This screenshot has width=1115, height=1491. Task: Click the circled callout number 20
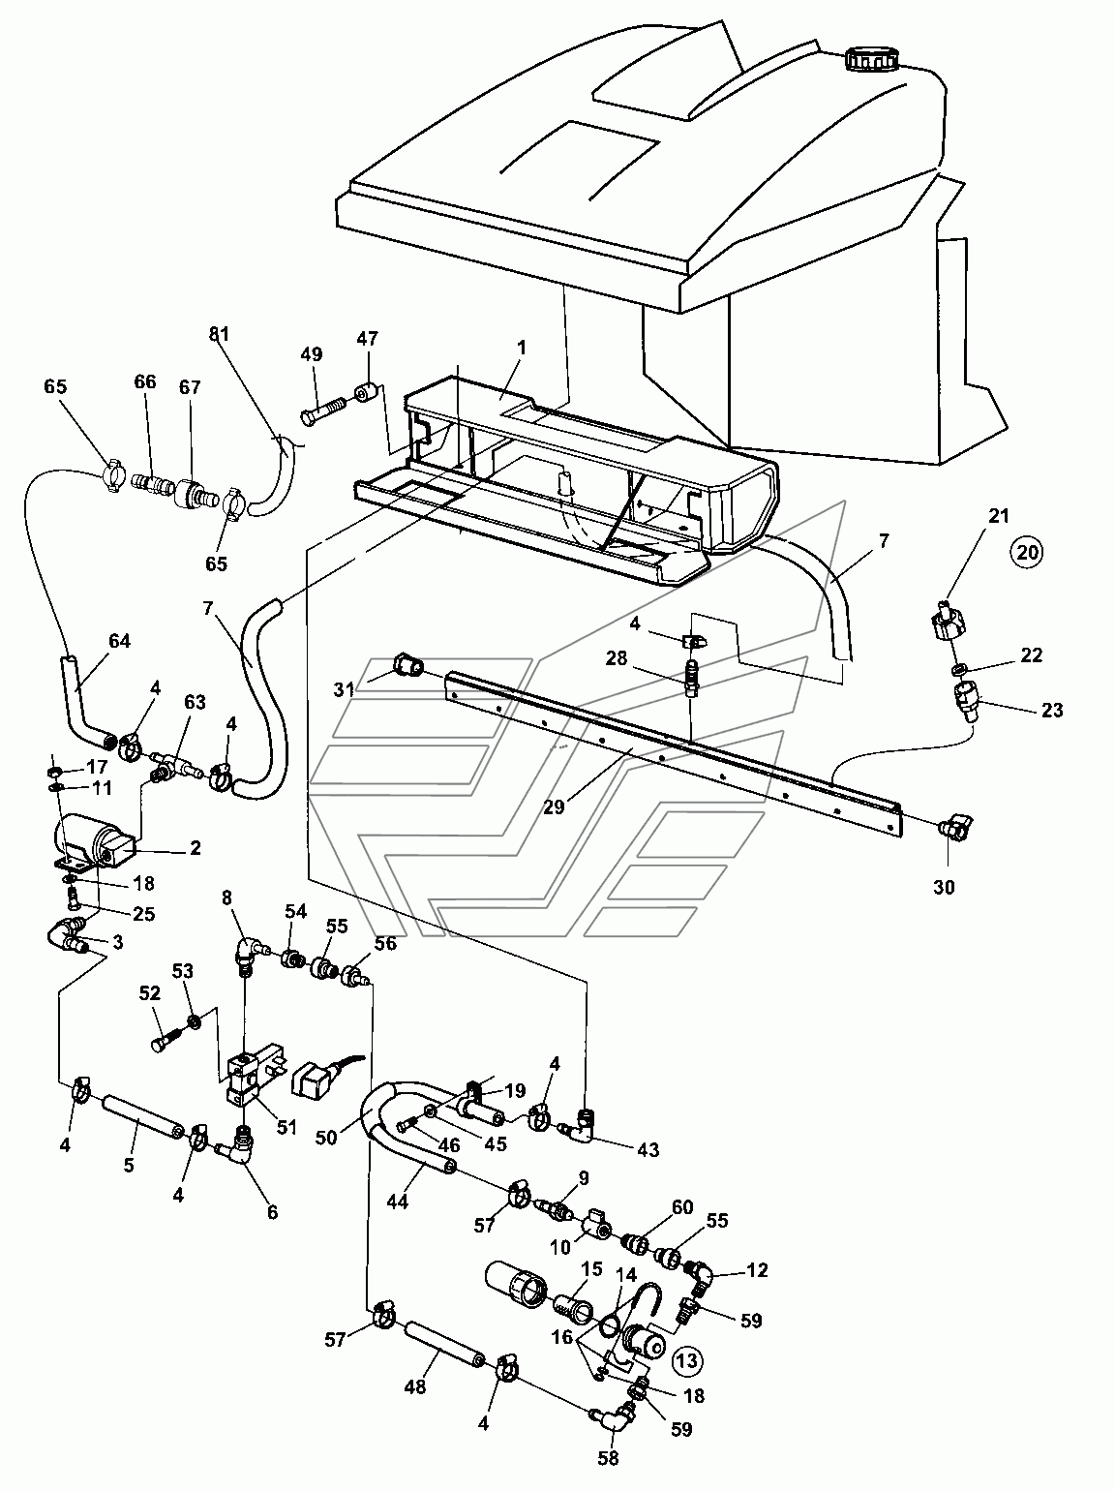(1027, 552)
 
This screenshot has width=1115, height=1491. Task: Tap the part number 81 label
(219, 334)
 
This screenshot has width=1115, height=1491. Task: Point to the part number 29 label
(554, 807)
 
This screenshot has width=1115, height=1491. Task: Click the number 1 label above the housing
(522, 348)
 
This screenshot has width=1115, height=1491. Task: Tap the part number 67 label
(190, 387)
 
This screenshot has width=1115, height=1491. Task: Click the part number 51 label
(286, 1128)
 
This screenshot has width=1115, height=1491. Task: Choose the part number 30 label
(944, 887)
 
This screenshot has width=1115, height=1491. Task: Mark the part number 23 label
(1052, 710)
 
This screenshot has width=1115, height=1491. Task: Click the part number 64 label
(119, 641)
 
